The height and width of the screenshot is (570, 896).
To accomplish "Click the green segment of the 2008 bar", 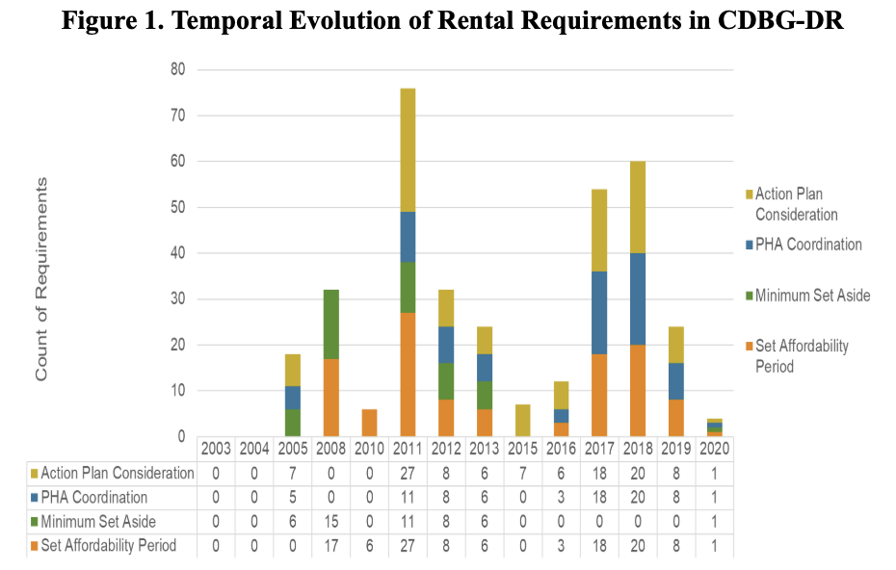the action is point(330,324).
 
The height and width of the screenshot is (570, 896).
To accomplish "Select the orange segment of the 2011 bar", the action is point(408,375).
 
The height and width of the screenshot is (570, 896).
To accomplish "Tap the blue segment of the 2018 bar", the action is point(638,299).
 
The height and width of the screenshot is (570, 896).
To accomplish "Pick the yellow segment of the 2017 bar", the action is point(599,231).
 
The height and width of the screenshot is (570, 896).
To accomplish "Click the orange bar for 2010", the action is point(369,424).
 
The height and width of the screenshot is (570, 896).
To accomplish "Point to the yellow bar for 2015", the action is point(522,421).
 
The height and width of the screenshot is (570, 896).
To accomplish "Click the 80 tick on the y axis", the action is point(177,69).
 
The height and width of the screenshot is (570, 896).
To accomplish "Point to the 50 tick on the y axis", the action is point(177,207).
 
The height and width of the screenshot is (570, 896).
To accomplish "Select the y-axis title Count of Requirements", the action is point(41,279).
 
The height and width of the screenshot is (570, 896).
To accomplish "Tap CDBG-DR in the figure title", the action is point(780,20).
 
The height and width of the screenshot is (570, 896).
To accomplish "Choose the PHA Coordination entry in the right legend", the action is point(804,245).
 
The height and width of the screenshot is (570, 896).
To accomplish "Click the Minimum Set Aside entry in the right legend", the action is point(808,296).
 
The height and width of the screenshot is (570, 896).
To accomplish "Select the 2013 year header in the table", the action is point(484,449).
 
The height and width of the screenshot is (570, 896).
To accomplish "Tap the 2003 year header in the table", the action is point(216,449).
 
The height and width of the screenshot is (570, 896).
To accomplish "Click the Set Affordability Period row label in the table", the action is point(103,546).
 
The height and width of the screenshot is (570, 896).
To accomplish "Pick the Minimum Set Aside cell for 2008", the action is point(330,522).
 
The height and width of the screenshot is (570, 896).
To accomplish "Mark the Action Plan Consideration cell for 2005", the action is point(293,474).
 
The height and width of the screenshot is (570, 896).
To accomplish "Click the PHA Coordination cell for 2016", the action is point(561,498).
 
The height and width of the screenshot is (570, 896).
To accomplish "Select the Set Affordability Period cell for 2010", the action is point(369,546).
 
